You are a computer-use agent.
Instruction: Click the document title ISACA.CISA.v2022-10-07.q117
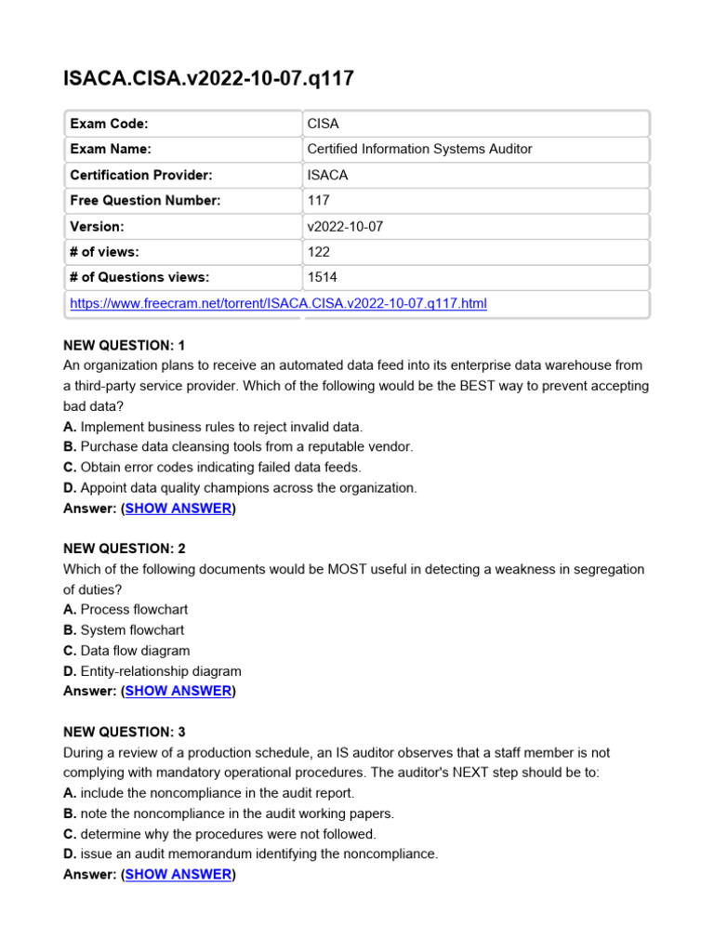208,78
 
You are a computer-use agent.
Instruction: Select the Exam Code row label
109,124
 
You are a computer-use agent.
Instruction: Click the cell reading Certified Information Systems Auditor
419,149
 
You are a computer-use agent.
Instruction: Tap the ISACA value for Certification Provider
327,175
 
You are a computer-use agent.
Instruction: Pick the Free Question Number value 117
317,200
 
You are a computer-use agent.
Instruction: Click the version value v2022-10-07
340,226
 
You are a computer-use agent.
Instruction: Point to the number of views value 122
317,251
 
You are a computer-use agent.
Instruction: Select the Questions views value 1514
322,277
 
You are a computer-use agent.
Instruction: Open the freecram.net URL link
278,303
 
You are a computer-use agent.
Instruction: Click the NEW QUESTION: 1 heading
125,346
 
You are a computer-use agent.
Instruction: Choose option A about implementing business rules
213,427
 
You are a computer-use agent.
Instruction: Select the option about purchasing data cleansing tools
238,447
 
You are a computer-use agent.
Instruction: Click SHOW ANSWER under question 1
178,509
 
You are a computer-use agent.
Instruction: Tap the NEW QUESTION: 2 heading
125,549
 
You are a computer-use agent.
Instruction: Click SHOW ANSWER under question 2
178,691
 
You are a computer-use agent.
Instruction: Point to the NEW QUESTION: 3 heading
125,732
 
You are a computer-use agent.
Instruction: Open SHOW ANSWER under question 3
178,874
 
